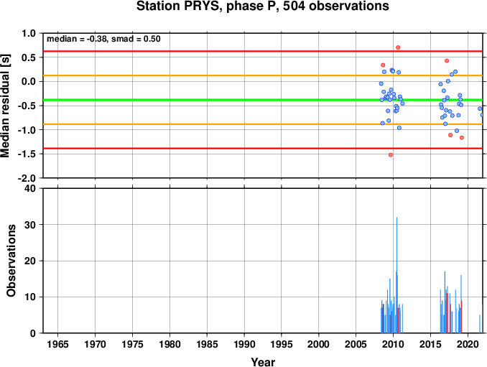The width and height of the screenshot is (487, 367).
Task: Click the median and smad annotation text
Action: pyautogui.click(x=103, y=39)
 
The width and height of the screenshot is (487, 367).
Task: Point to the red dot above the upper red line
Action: pyautogui.click(x=398, y=47)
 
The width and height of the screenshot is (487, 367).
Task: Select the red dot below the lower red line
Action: pyautogui.click(x=391, y=155)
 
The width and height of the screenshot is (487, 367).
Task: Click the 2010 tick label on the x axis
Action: pyautogui.click(x=393, y=344)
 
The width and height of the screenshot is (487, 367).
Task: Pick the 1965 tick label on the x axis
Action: pyautogui.click(x=57, y=344)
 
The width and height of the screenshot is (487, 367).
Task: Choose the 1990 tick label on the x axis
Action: pyautogui.click(x=244, y=344)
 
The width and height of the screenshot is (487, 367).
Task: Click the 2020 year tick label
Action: pyautogui.click(x=468, y=344)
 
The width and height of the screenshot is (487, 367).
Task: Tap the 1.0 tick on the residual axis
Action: pyautogui.click(x=29, y=33)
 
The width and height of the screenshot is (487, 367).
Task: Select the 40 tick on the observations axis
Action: pyautogui.click(x=30, y=188)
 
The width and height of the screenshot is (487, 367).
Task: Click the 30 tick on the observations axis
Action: pyautogui.click(x=30, y=225)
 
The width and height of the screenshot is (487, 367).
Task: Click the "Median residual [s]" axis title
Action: pyautogui.click(x=5, y=106)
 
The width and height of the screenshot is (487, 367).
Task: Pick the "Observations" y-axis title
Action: pyautogui.click(x=11, y=261)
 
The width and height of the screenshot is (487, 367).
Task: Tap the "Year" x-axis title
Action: pyautogui.click(x=263, y=362)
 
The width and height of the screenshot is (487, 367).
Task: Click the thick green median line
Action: pyautogui.click(x=263, y=100)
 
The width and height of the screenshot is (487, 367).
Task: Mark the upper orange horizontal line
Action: pyautogui.click(x=263, y=75)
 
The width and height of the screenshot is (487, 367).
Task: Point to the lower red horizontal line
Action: pyautogui.click(x=263, y=148)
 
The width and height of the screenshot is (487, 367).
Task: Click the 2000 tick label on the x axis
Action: pyautogui.click(x=318, y=344)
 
